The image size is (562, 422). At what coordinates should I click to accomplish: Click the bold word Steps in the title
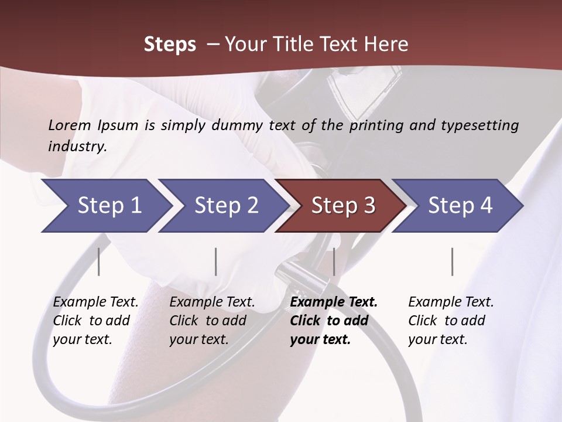[170, 45]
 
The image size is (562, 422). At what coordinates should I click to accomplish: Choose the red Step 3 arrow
[343, 206]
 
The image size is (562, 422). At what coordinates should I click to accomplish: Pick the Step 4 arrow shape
[460, 206]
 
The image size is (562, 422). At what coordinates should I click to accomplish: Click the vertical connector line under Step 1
[98, 261]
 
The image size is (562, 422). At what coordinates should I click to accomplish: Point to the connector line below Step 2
[216, 261]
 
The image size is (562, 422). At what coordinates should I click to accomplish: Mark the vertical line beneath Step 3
[334, 261]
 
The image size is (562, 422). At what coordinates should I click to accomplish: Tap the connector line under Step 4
[452, 261]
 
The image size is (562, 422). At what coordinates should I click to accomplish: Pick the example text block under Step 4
[451, 321]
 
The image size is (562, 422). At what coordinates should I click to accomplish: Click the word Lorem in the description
[70, 125]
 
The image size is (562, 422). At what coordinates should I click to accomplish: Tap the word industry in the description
[77, 147]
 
